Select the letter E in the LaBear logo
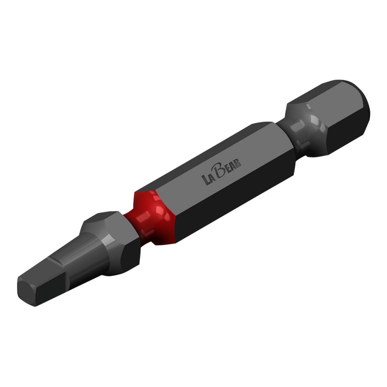coord(229,168)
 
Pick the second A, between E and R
coord(233,166)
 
